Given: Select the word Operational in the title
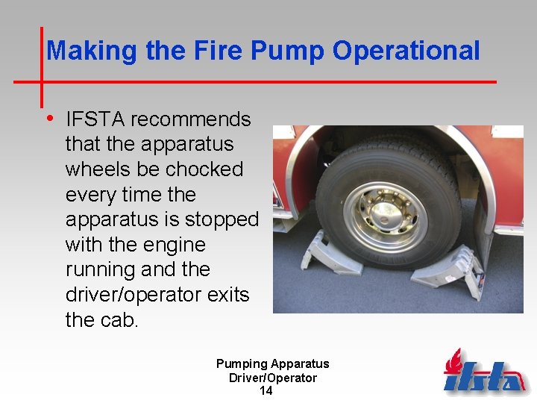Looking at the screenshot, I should (x=406, y=51).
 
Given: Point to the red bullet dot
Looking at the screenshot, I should (x=49, y=118).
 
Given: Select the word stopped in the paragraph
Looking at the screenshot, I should (x=222, y=220).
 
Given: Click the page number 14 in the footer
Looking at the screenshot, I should (x=266, y=391).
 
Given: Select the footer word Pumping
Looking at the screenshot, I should (x=242, y=364).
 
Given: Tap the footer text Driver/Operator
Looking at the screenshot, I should (x=272, y=378).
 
